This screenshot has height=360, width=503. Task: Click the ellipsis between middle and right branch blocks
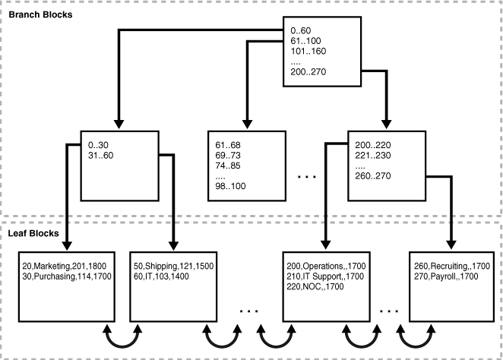click(308, 177)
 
